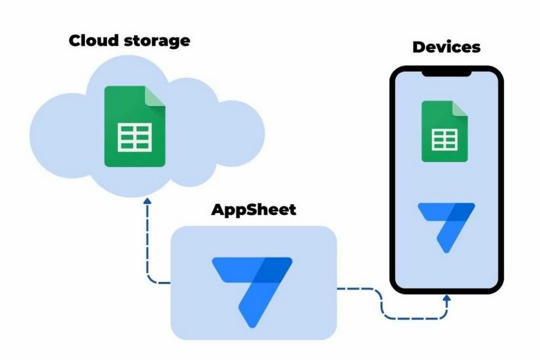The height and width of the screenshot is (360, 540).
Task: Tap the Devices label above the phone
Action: (x=446, y=46)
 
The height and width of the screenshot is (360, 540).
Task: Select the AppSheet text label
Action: (x=253, y=210)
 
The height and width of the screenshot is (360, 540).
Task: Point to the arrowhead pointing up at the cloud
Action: (x=147, y=201)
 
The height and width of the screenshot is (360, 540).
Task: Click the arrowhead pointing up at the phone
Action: (x=447, y=298)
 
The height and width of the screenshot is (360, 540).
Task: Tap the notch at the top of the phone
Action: (x=446, y=73)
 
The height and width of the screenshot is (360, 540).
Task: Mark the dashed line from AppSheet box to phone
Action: (x=382, y=302)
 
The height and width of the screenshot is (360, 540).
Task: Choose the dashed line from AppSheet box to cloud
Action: (x=148, y=247)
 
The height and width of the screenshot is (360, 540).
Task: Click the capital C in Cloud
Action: (x=75, y=40)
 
